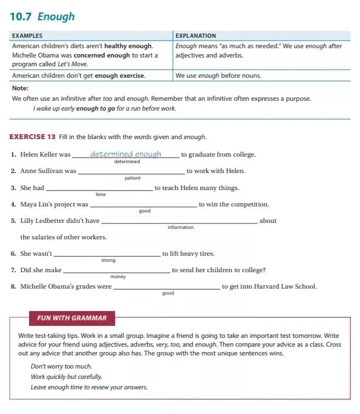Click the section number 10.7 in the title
tap(21, 16)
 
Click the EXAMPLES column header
tap(27, 36)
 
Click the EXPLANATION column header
tap(196, 36)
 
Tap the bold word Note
tap(20, 88)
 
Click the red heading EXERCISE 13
tap(32, 136)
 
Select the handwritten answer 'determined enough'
tap(125, 154)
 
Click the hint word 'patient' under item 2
tap(132, 178)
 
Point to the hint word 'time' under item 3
tap(100, 194)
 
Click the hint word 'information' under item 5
tap(180, 227)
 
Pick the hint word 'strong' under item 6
tap(108, 260)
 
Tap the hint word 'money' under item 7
tap(118, 277)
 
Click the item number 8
tap(13, 286)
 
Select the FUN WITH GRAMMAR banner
tap(72, 318)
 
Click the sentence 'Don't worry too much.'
tap(61, 366)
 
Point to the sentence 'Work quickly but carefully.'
tap(66, 377)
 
